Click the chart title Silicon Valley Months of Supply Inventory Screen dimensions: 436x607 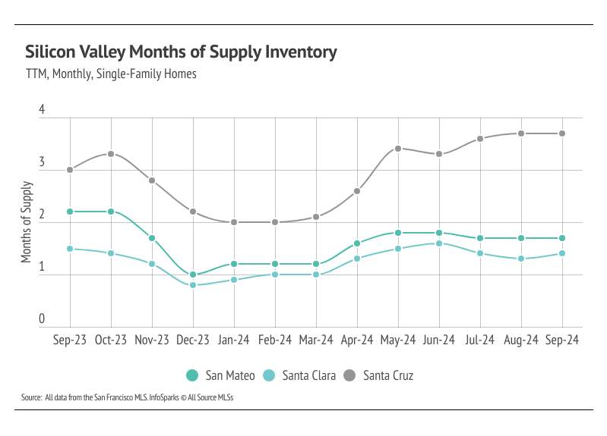(x=181, y=52)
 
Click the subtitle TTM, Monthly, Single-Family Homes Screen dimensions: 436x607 (x=111, y=74)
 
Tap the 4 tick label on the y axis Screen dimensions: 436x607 (x=42, y=111)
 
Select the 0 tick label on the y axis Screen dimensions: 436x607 (x=42, y=320)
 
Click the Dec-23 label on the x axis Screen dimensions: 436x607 (x=193, y=340)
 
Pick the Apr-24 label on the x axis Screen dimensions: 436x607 (x=357, y=340)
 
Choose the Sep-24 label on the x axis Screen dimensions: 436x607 (x=562, y=340)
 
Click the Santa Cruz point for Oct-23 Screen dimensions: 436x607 (x=111, y=154)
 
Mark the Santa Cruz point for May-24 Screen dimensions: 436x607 (x=398, y=149)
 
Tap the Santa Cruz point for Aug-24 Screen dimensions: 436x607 (x=521, y=133)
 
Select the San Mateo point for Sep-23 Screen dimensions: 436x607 (x=70, y=212)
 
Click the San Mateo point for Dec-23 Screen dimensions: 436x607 (x=193, y=274)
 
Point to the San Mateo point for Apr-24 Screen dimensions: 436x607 (x=357, y=243)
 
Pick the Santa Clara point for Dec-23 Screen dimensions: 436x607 (x=193, y=285)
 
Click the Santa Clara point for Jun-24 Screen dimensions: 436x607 (x=439, y=243)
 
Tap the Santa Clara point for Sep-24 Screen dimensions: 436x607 (x=562, y=253)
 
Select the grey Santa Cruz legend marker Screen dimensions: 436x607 (x=349, y=375)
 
